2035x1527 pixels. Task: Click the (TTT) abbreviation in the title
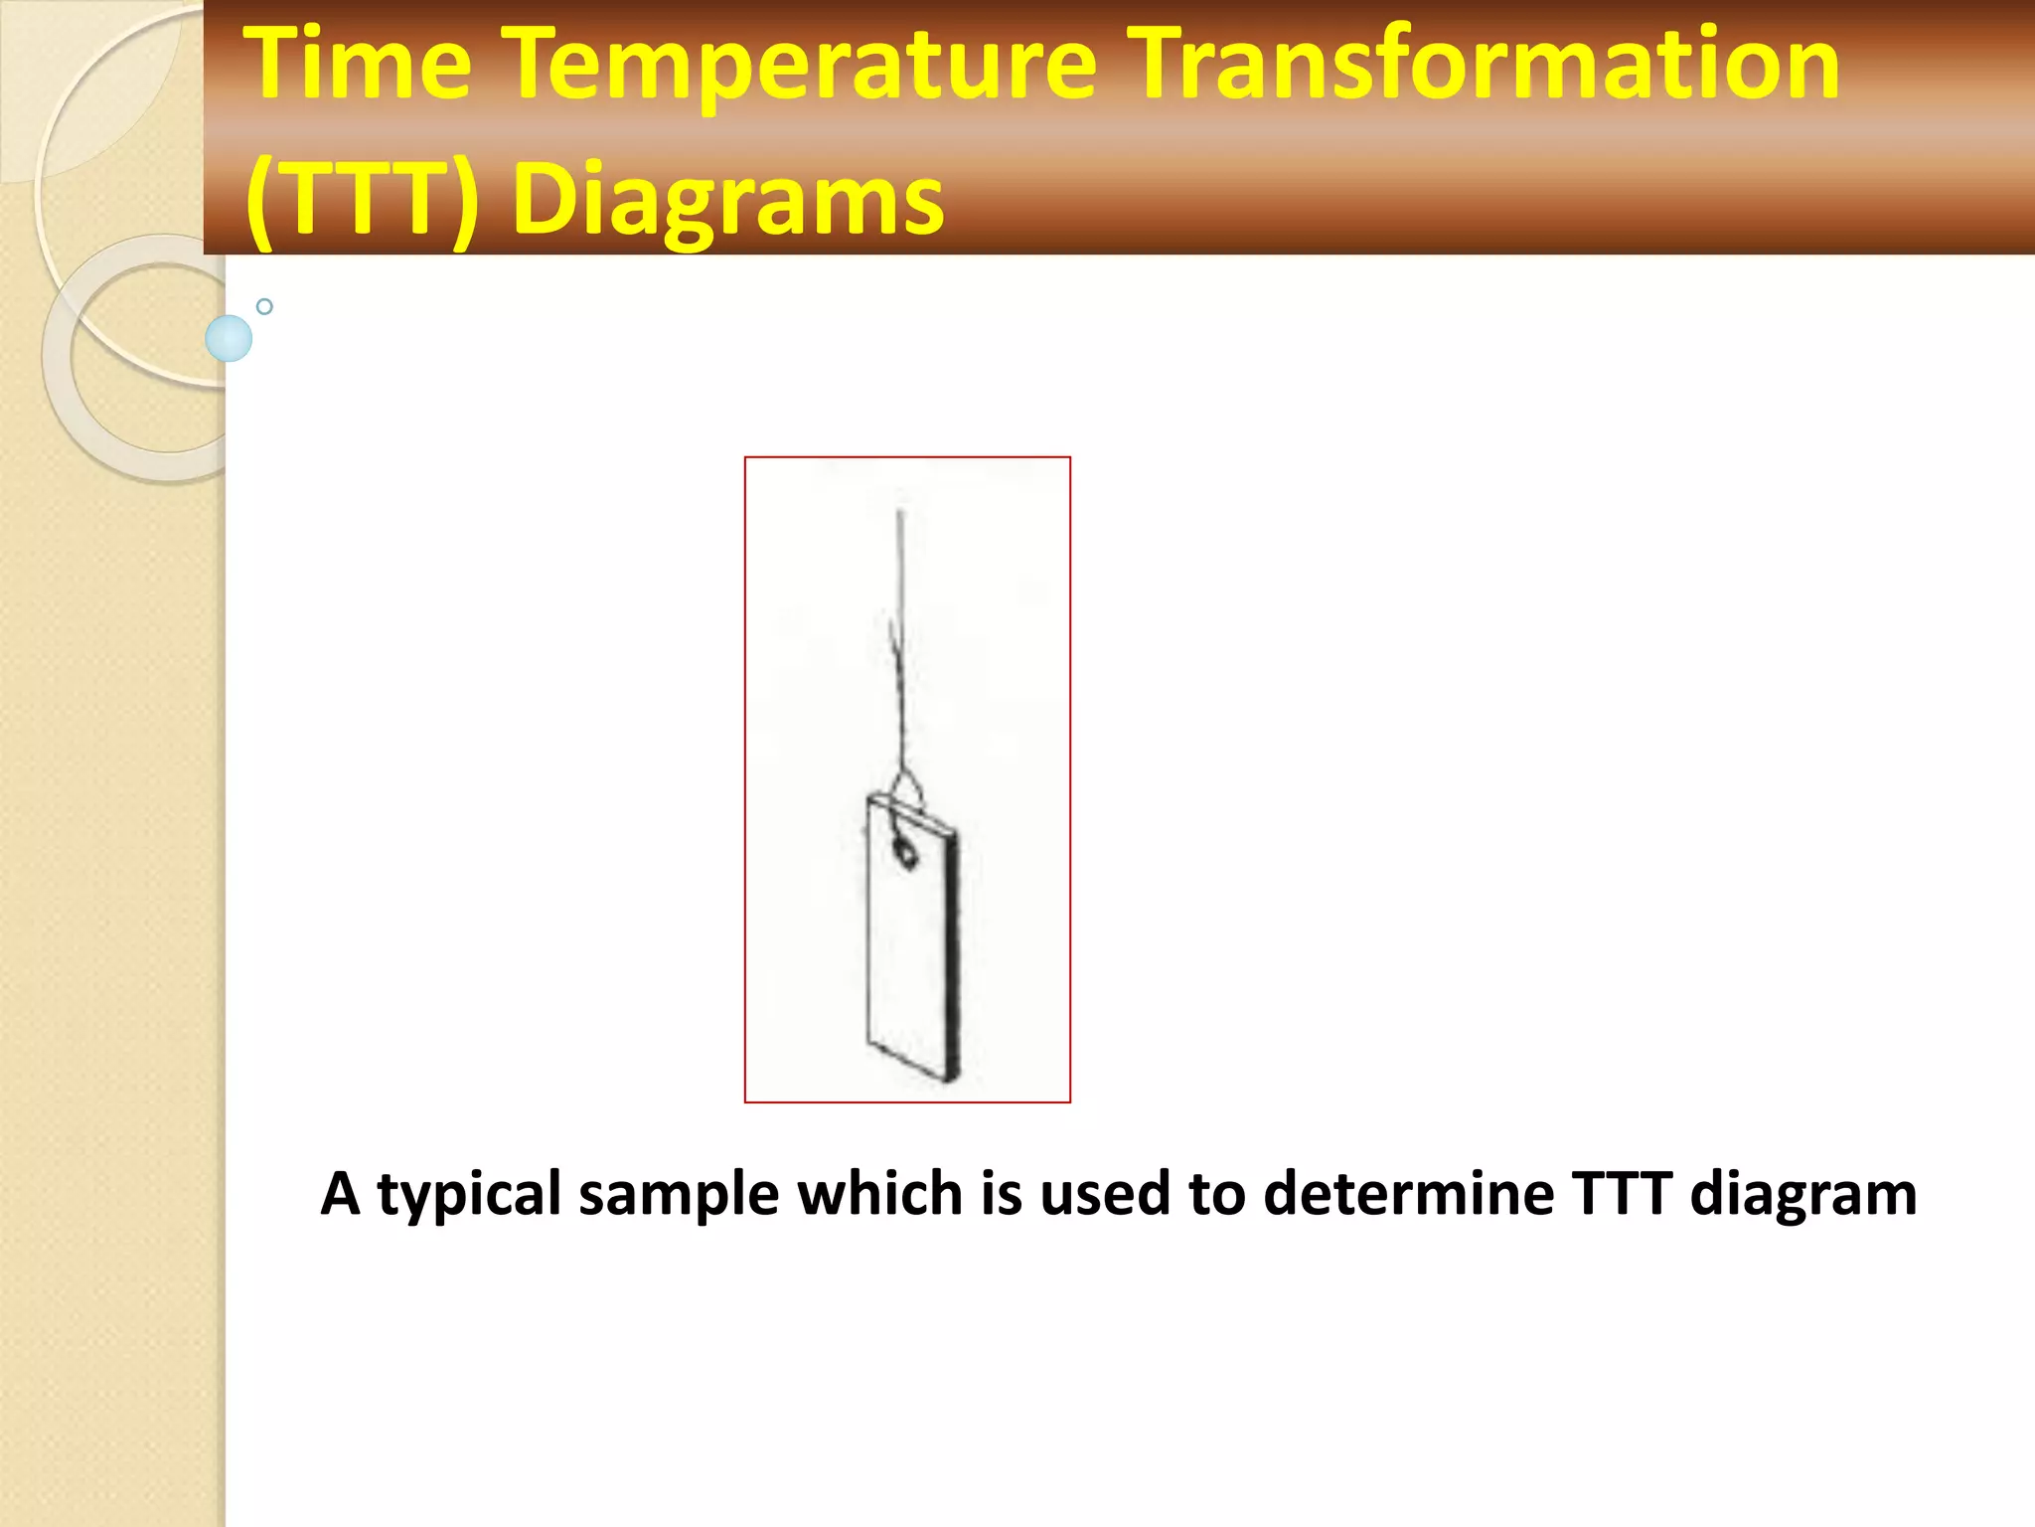pyautogui.click(x=362, y=199)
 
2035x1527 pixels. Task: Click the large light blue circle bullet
pyautogui.click(x=229, y=339)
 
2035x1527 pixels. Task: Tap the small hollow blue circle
pyautogui.click(x=264, y=306)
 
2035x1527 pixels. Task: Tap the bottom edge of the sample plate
pyautogui.click(x=912, y=1062)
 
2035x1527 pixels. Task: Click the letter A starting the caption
pyautogui.click(x=340, y=1193)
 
